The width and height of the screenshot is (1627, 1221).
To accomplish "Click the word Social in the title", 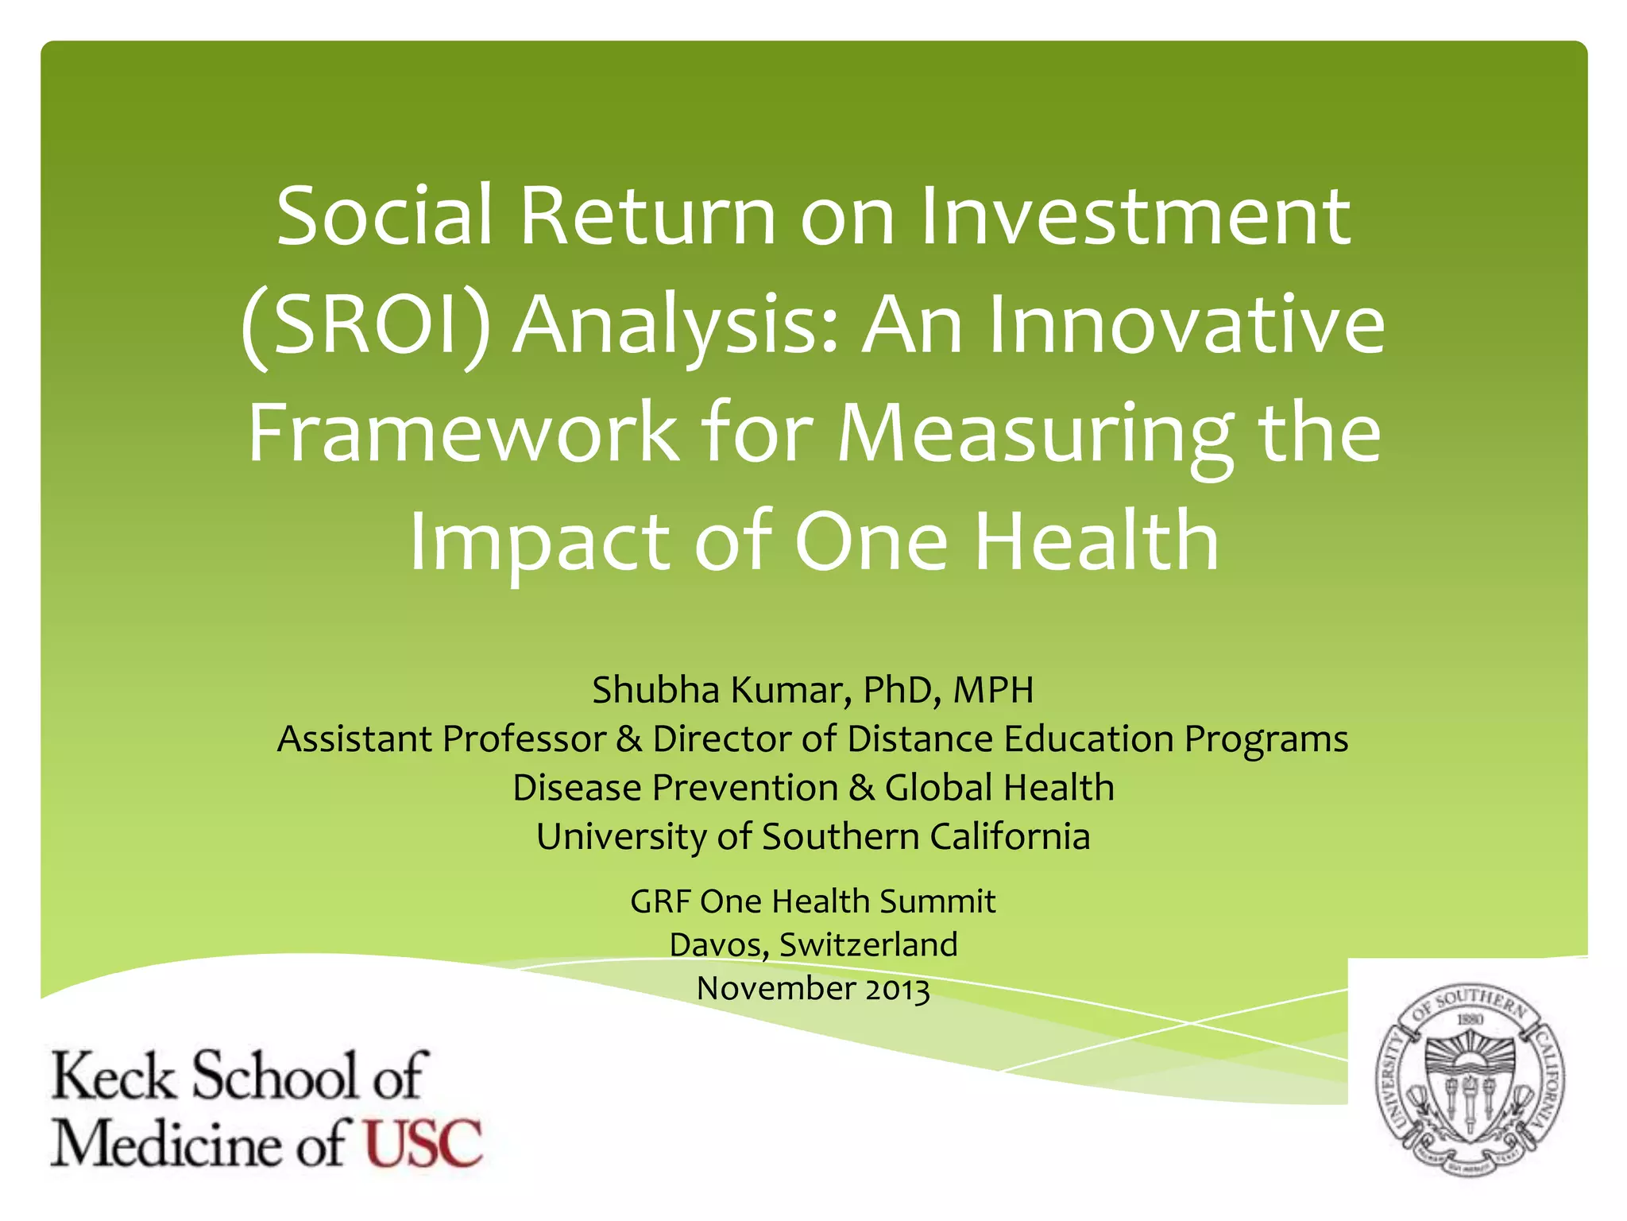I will coord(386,216).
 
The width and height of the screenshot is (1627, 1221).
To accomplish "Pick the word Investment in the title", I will coord(1135,216).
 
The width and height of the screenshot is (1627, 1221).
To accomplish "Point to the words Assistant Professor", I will coord(442,739).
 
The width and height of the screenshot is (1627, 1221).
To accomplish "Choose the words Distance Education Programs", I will coord(1097,739).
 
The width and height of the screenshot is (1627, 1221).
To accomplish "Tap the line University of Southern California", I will coord(813,837).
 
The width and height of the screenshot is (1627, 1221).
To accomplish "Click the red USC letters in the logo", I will coord(423,1143).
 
